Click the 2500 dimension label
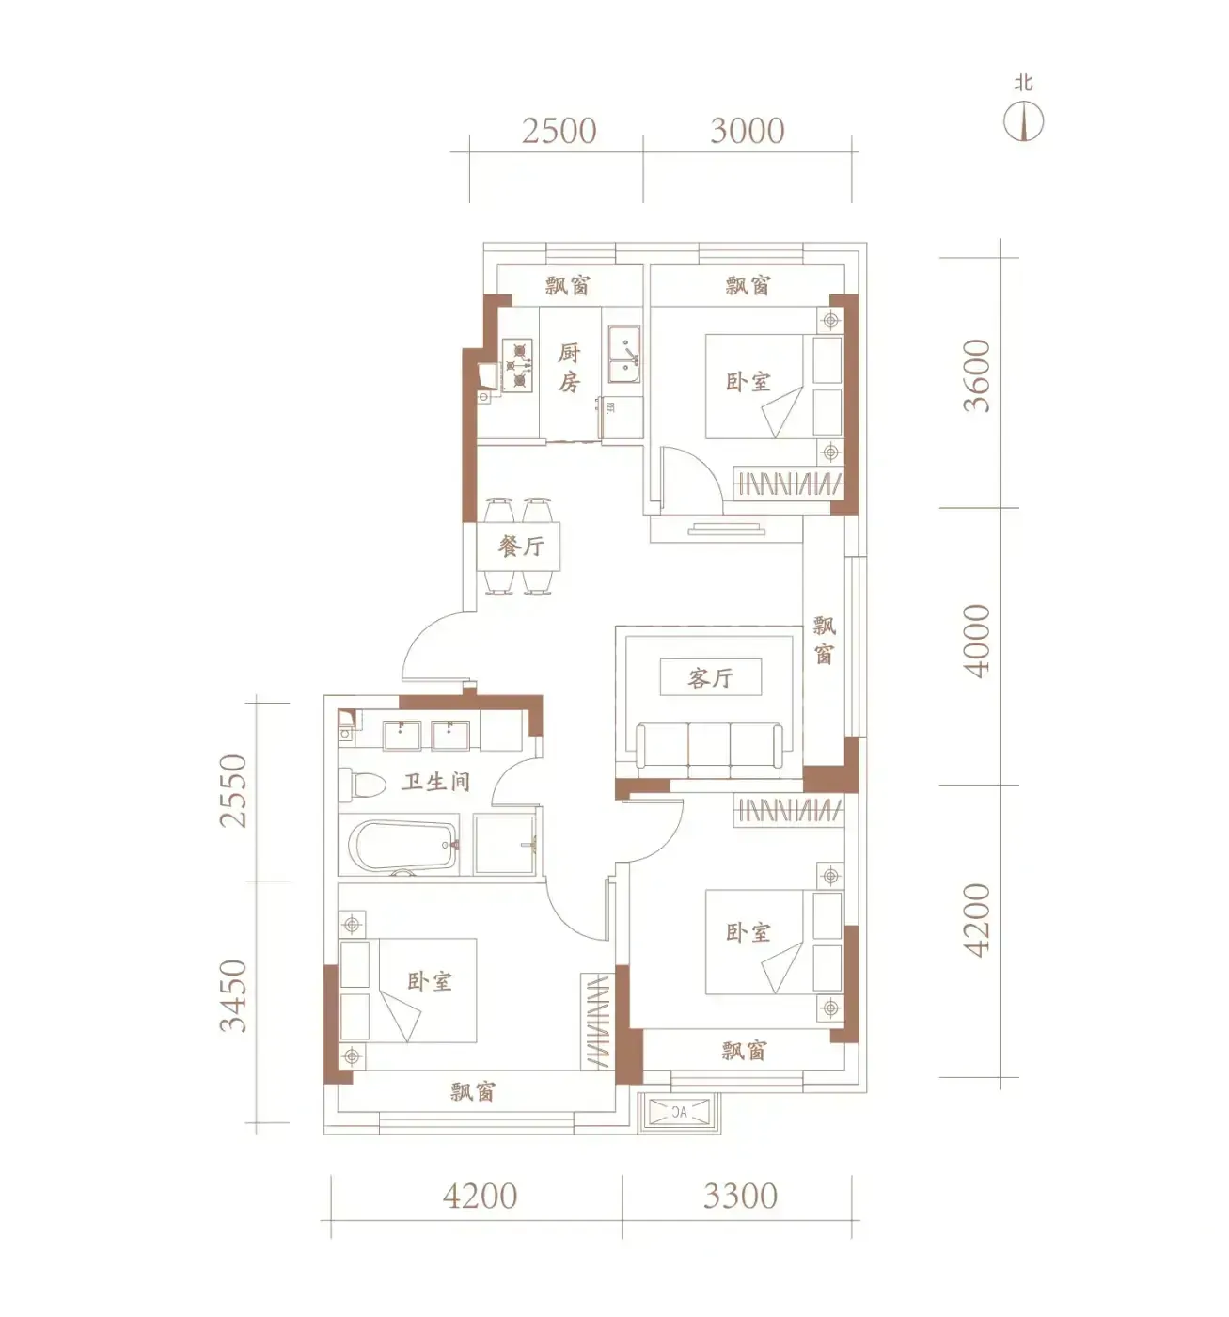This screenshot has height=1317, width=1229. pos(559,131)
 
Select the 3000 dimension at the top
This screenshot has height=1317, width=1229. pos(747,131)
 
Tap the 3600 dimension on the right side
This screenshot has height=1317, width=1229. pos(976,375)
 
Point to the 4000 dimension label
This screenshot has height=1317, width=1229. pos(976,641)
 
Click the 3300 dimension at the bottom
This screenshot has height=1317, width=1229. pos(740,1197)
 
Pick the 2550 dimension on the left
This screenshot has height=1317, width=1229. pos(233,790)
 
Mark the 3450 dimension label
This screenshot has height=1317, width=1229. pos(233,995)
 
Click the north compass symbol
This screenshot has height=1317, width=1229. pos(1023,121)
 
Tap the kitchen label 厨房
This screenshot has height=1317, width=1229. pos(569,368)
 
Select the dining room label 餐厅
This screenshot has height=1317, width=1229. pos(521,547)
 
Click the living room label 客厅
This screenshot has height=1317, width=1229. pos(710,677)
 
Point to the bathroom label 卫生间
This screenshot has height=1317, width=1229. pos(435,781)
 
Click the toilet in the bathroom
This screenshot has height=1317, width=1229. pos(362,785)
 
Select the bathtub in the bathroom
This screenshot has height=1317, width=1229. pos(399,844)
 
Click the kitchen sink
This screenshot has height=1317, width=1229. pos(624,354)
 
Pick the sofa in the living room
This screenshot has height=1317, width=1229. pos(709,750)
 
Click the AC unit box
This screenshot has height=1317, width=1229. pos(679,1111)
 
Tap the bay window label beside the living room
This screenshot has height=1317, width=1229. pos(824,640)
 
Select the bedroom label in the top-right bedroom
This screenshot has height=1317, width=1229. pos(748,382)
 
